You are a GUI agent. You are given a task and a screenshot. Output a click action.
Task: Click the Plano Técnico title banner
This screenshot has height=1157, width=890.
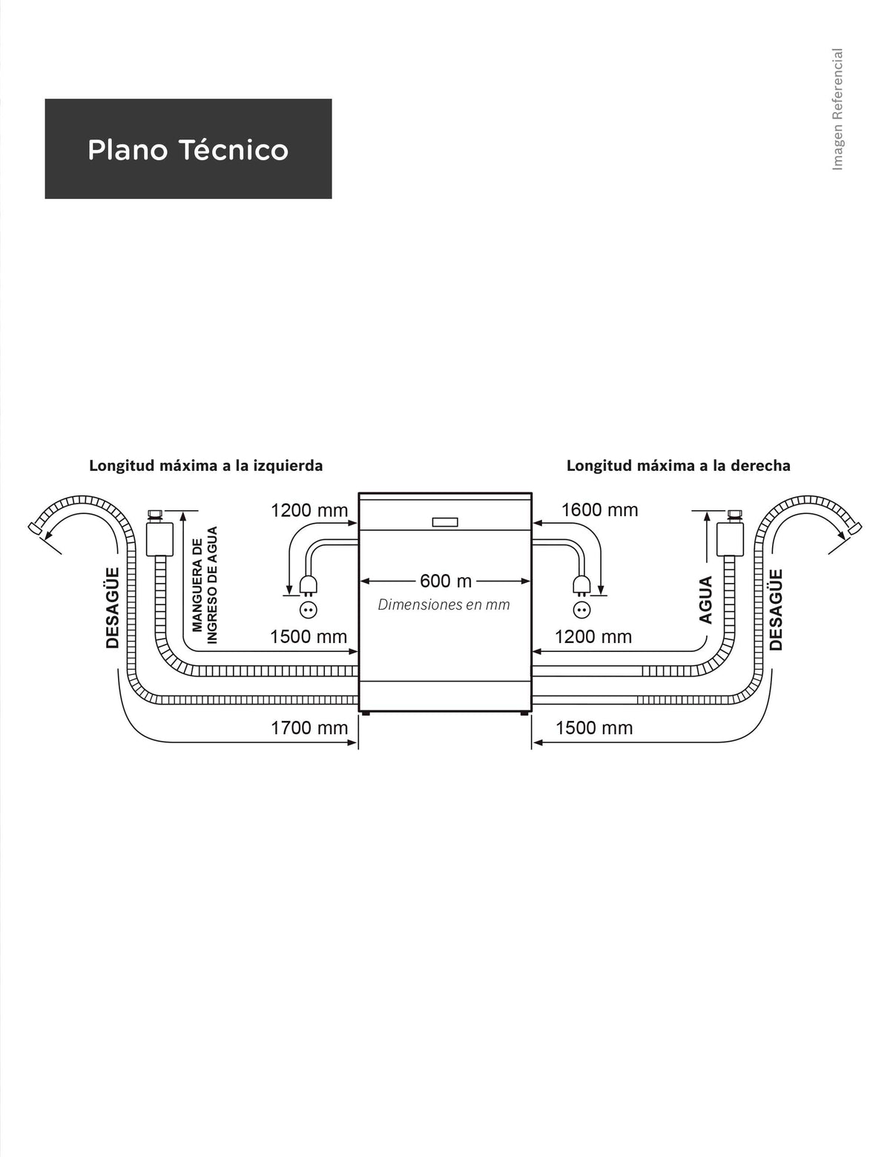[188, 148]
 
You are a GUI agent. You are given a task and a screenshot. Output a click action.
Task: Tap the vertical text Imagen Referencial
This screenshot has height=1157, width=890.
[837, 110]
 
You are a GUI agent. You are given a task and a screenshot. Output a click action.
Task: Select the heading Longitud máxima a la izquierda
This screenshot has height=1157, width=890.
[206, 466]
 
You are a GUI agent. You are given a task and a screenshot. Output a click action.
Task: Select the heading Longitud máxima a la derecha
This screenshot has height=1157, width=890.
[678, 466]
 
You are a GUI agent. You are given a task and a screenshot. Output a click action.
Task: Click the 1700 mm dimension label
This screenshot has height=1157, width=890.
[309, 728]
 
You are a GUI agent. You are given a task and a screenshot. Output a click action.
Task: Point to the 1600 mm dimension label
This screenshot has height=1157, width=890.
[599, 510]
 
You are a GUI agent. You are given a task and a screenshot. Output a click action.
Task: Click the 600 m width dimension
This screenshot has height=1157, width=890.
[446, 581]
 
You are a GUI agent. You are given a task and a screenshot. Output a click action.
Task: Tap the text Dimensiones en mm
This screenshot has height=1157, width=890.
[444, 605]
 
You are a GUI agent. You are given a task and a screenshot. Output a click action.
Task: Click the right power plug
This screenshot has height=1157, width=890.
[581, 585]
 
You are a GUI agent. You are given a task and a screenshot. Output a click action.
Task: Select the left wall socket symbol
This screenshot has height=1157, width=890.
[309, 610]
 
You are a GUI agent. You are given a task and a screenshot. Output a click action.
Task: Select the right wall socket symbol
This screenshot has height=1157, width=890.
[581, 610]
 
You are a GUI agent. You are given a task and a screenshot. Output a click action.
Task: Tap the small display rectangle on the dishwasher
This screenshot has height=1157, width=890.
[445, 522]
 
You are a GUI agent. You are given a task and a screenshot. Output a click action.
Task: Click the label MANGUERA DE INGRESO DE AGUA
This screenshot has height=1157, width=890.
[205, 584]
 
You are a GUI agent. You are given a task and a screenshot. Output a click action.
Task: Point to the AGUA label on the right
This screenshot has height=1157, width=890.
[705, 599]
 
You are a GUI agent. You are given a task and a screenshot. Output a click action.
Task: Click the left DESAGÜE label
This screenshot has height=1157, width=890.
[113, 607]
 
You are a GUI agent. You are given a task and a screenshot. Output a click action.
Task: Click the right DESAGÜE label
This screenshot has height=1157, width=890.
[776, 610]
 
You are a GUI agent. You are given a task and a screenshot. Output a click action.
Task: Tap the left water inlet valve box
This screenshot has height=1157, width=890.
[159, 539]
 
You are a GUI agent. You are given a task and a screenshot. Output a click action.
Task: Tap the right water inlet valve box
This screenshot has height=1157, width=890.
[731, 539]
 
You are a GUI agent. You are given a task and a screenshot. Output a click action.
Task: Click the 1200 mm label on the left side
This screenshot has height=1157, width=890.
[309, 510]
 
